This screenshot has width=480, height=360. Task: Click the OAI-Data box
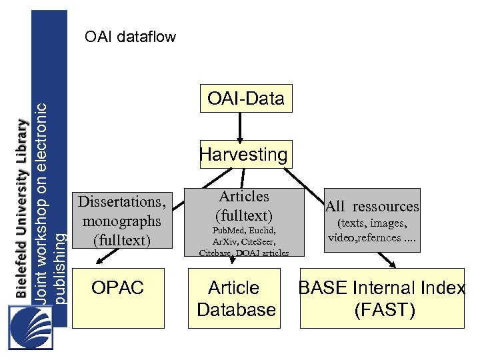(x=245, y=99)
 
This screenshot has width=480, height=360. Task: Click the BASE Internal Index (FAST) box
(x=381, y=299)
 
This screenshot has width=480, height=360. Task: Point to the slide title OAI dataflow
(x=131, y=37)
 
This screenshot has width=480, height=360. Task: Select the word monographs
(x=121, y=220)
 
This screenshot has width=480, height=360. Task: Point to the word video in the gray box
(x=343, y=237)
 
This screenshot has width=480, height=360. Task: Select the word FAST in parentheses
(x=385, y=310)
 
